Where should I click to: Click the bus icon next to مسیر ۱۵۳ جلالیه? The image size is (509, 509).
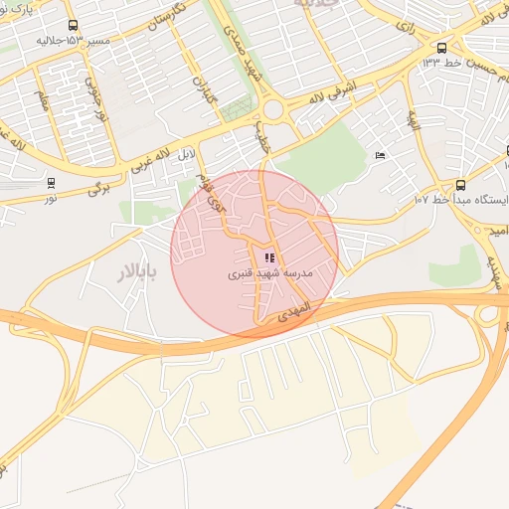72,26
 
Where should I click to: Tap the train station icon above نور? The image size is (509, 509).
51,183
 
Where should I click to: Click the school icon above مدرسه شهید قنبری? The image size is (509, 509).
269,257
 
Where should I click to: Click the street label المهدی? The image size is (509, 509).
296,310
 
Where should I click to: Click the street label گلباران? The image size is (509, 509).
202,92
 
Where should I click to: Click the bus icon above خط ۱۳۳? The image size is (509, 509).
441,47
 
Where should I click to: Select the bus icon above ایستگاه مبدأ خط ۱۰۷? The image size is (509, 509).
459,185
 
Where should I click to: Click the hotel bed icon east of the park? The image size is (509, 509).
380,155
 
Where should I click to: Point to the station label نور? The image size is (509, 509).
50,197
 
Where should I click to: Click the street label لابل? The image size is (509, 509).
186,155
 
